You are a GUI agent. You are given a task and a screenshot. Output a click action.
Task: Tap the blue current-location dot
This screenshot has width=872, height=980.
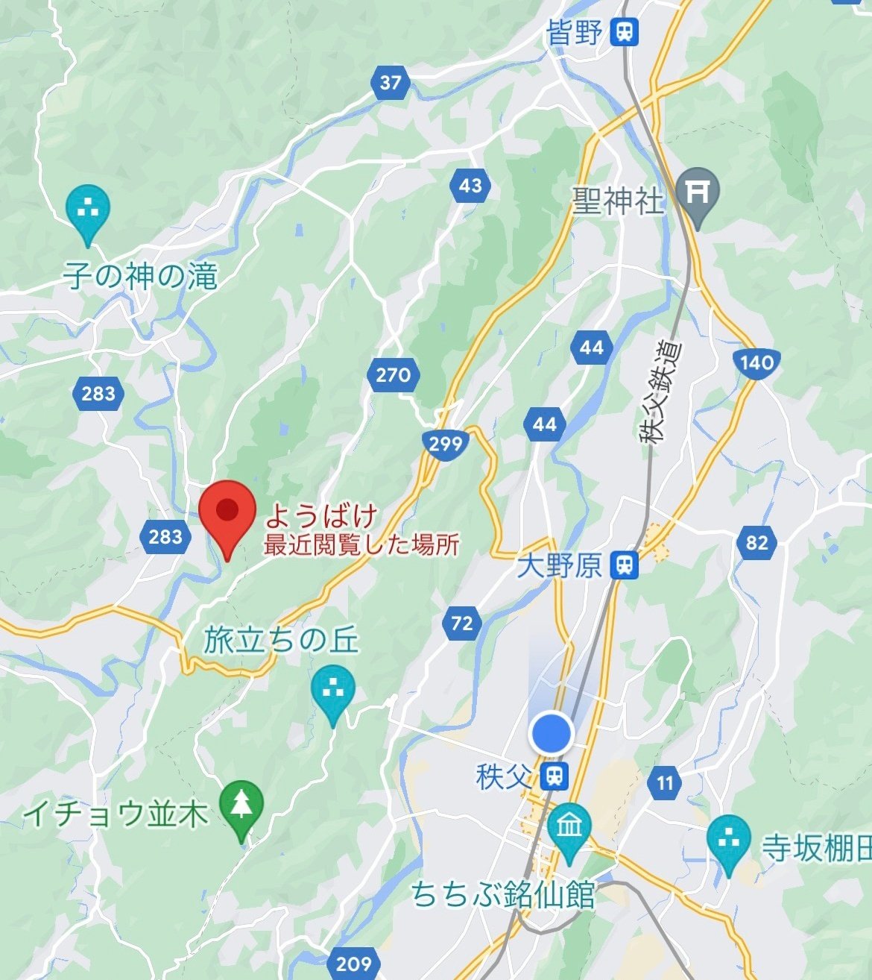tap(551, 733)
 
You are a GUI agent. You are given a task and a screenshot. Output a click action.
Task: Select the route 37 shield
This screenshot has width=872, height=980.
tap(390, 82)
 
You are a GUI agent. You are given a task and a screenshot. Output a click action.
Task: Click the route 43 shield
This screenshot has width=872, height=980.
tap(470, 185)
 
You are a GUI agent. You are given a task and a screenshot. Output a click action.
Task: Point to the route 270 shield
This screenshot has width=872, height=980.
tap(393, 374)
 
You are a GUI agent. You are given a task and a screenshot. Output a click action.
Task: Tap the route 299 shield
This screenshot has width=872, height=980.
tap(446, 445)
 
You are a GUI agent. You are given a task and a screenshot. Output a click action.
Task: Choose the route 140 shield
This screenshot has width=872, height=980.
tap(756, 363)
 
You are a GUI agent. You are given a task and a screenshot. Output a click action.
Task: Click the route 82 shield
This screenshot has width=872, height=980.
tap(756, 541)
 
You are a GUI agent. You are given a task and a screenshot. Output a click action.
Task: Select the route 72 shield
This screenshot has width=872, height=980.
tap(462, 623)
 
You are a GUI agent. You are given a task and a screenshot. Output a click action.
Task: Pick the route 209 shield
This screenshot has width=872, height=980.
tap(353, 963)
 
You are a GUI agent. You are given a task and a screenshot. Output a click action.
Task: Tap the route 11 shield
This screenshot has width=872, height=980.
tap(665, 783)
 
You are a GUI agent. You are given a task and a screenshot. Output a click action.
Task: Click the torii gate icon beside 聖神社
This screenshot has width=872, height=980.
tap(698, 193)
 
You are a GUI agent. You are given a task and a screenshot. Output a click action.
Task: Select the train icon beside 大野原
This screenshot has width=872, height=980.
tap(624, 565)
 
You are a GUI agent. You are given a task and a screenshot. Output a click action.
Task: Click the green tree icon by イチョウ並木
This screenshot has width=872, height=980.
tap(241, 805)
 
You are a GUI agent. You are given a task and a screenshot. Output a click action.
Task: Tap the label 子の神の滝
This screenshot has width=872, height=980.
tap(140, 277)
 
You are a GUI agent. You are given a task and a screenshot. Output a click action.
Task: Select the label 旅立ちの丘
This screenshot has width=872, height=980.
tap(282, 640)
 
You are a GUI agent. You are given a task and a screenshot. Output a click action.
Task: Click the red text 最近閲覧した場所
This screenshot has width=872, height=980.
tap(361, 545)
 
